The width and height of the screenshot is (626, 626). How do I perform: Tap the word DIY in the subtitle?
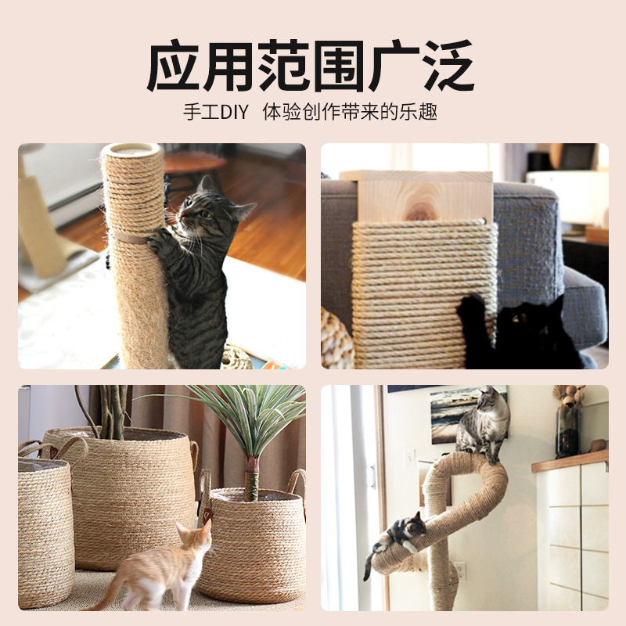pos(232,112)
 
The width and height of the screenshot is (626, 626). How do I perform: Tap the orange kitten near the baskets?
pos(164,567)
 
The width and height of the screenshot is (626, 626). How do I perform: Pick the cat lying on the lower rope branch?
pos(399,536)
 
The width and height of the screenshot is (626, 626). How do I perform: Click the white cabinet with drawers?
pos(575,532)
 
